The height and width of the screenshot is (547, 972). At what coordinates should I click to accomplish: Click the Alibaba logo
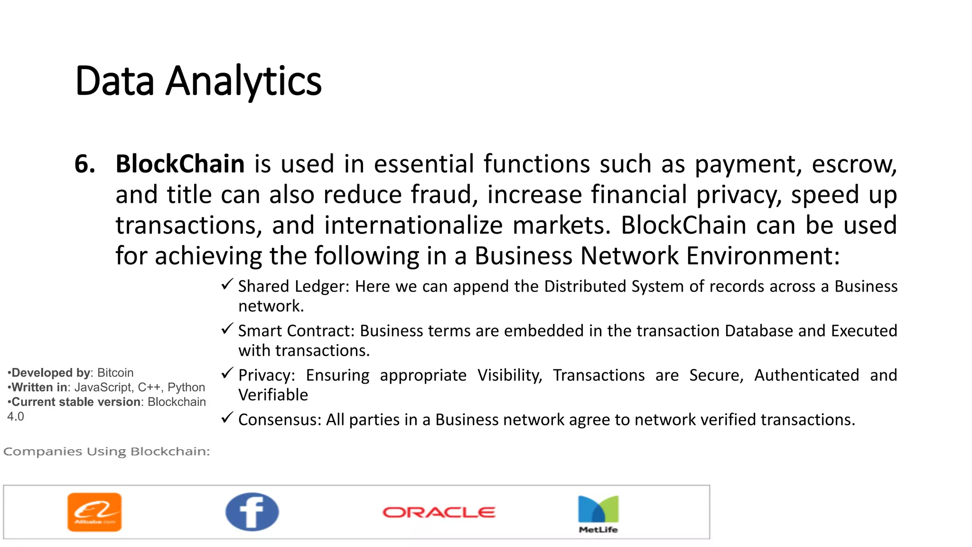click(x=94, y=512)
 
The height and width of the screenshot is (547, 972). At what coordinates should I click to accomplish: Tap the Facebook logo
click(x=252, y=511)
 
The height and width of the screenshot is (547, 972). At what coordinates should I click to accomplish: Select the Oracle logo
click(x=439, y=512)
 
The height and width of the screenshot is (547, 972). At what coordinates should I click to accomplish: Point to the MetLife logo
click(x=598, y=514)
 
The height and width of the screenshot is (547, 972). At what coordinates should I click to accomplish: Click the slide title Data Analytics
click(x=198, y=81)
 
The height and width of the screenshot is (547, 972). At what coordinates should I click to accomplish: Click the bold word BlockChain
click(x=180, y=164)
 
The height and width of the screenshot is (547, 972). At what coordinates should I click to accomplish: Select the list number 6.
click(x=84, y=164)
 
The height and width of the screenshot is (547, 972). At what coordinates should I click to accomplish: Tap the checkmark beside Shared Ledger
click(x=227, y=284)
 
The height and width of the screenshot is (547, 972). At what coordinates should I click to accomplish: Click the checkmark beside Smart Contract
click(x=227, y=329)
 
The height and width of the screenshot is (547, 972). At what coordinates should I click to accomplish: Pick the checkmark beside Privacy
click(x=227, y=373)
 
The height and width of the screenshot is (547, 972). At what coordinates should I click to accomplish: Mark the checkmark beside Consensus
click(x=227, y=418)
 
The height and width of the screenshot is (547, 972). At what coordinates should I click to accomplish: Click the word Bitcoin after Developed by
click(x=115, y=373)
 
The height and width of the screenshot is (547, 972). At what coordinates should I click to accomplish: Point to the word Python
click(x=186, y=387)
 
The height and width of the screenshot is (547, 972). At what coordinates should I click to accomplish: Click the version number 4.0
click(x=15, y=417)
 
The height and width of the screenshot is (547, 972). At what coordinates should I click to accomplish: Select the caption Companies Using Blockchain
click(x=106, y=451)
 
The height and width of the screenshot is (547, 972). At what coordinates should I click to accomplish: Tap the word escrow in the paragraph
click(x=854, y=164)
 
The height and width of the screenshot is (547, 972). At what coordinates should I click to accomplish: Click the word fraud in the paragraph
click(x=444, y=195)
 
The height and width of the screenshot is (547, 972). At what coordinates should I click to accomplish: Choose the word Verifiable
click(x=273, y=395)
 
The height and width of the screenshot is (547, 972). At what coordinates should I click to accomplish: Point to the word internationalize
click(x=413, y=225)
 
